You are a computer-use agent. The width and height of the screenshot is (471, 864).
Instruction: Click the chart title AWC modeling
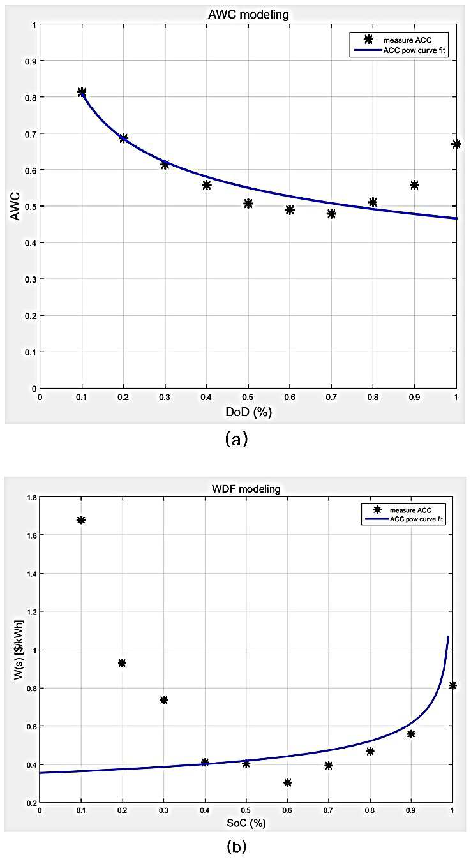point(248,15)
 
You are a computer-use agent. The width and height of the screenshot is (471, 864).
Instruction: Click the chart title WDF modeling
point(246,489)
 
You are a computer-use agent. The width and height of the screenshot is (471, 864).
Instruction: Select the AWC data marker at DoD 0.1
point(82,92)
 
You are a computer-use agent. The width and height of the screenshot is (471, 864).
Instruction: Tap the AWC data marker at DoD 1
point(456,144)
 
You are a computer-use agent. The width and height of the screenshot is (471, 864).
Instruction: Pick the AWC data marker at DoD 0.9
point(414,185)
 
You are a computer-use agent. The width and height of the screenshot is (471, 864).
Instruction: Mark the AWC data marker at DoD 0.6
point(290,210)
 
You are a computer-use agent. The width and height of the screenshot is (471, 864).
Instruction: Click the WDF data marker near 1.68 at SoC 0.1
point(80,520)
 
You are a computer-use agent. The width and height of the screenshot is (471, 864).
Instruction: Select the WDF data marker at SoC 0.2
point(122,663)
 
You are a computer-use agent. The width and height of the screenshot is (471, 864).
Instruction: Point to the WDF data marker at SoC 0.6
point(287,782)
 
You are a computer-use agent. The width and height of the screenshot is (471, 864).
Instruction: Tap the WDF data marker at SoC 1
point(452,685)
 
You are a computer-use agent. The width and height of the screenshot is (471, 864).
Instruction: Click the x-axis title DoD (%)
point(248,412)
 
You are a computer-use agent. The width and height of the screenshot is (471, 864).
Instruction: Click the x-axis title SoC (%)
point(246,823)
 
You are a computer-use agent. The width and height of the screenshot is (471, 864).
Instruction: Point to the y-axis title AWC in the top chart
point(15,207)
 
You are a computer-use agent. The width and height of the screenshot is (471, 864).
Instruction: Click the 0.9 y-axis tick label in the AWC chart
point(31,61)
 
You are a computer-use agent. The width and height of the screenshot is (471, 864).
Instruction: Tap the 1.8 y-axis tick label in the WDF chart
point(32,498)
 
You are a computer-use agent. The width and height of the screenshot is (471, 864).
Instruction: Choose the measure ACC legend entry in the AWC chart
point(399,40)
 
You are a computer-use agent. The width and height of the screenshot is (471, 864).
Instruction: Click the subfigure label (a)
point(236,439)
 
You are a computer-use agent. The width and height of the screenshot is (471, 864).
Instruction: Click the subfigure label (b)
point(236,847)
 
